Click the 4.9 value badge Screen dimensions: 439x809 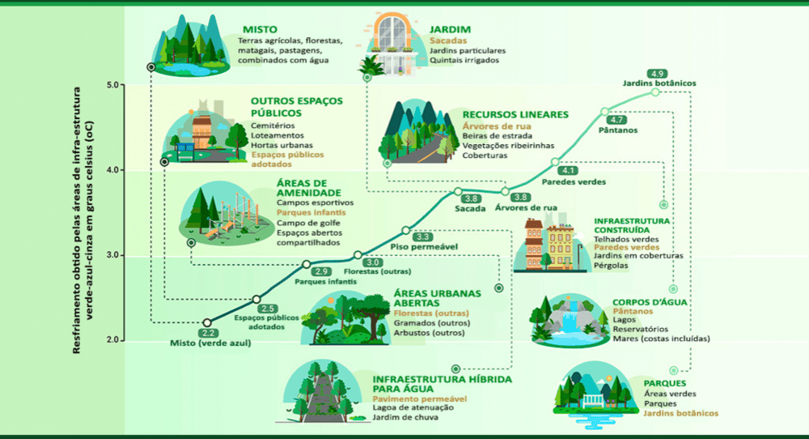pyautogui.click(x=657, y=74)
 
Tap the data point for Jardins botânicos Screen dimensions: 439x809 pyautogui.click(x=655, y=92)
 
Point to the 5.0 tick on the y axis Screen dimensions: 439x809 pyautogui.click(x=112, y=84)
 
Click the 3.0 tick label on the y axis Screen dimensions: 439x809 pyautogui.click(x=112, y=255)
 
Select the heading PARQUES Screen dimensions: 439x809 pyautogui.click(x=665, y=382)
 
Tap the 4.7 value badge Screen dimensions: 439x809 pyautogui.click(x=617, y=120)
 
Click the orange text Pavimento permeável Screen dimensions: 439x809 pyautogui.click(x=420, y=399)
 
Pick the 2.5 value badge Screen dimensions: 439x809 pyautogui.click(x=269, y=309)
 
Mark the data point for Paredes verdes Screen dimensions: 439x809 pyautogui.click(x=555, y=161)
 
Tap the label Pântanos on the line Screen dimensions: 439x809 pyautogui.click(x=618, y=130)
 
